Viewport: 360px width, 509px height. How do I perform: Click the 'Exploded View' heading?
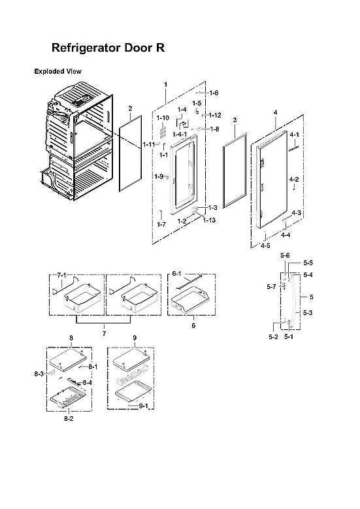(x=57, y=71)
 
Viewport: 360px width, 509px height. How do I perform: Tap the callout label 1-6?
(x=213, y=93)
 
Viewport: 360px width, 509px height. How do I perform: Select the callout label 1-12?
(x=215, y=115)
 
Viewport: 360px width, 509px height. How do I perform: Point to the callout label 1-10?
(x=163, y=117)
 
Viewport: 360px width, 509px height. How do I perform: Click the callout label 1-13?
(x=209, y=220)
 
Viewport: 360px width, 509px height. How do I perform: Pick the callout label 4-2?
(x=293, y=179)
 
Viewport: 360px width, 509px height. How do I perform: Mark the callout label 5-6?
(x=285, y=255)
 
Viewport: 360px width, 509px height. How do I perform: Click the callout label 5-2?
(x=273, y=337)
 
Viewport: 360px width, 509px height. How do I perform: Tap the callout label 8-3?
(x=39, y=373)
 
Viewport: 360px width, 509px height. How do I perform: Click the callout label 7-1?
(x=62, y=276)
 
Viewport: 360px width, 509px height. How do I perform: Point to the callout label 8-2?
(x=68, y=418)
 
